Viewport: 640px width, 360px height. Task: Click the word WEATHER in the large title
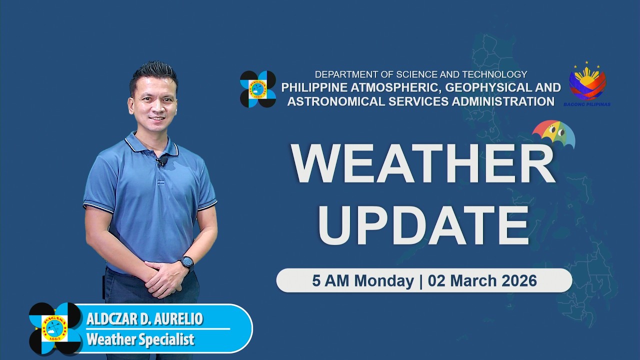coord(423,164)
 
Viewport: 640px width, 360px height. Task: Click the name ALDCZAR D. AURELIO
coord(145,319)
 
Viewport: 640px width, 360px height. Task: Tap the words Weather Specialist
coord(140,340)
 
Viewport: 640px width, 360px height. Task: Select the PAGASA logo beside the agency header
coord(257,89)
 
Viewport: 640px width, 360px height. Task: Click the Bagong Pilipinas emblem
coord(587,84)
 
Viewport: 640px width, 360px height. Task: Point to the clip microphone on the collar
coord(161,161)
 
